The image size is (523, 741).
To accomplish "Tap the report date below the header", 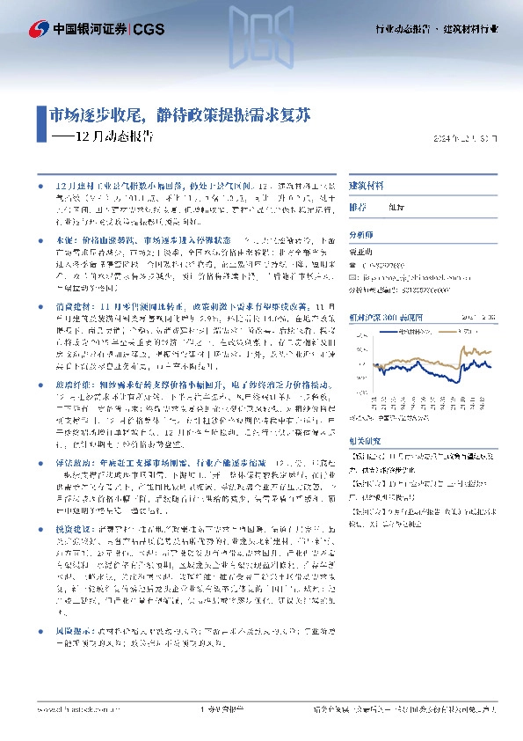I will coord(470,139).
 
